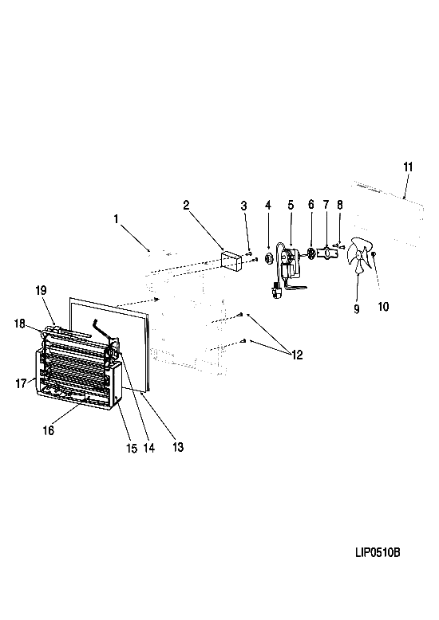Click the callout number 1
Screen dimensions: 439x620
click(116, 218)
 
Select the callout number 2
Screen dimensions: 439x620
click(186, 205)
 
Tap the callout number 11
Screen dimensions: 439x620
click(408, 167)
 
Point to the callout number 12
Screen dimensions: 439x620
click(297, 355)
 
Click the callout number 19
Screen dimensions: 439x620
click(41, 290)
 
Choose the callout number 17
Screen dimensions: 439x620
click(21, 383)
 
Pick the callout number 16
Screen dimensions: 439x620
click(49, 430)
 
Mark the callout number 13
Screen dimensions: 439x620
click(178, 447)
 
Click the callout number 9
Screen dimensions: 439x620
click(357, 309)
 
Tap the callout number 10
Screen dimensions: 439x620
click(384, 307)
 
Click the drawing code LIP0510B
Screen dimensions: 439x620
click(378, 552)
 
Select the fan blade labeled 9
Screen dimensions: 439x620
click(359, 256)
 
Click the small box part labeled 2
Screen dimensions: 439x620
click(231, 261)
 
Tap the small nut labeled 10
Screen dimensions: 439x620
click(374, 254)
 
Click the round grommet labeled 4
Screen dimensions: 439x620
click(269, 258)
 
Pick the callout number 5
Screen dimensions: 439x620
click(291, 206)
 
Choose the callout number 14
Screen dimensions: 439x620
click(149, 448)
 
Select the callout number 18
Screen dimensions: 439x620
click(19, 324)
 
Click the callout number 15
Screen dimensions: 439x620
click(132, 448)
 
